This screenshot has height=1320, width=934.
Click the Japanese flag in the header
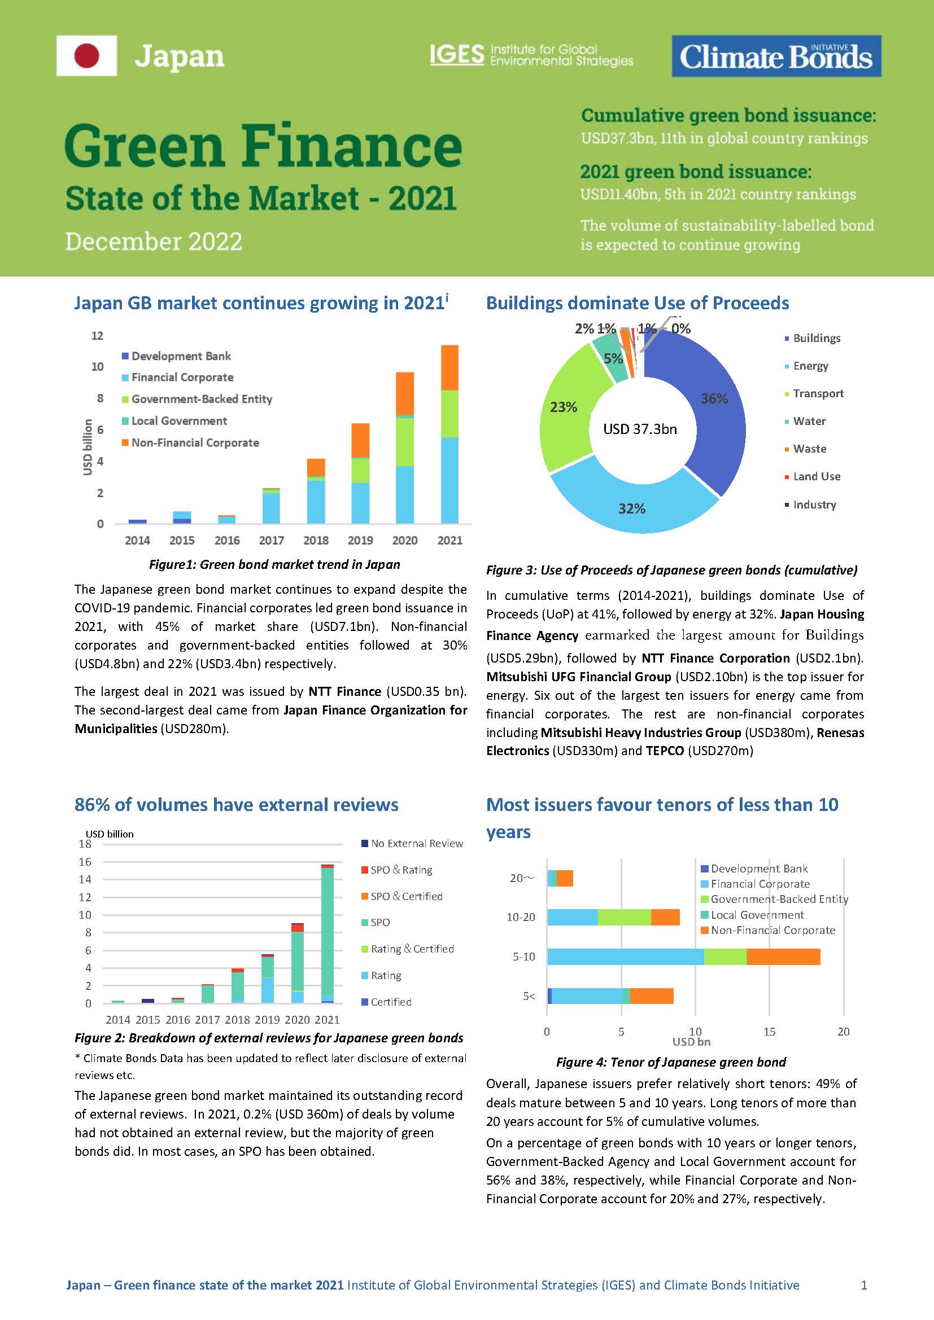coord(87,56)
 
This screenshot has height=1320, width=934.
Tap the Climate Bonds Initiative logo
coord(776,56)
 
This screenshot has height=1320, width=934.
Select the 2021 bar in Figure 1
coord(449,434)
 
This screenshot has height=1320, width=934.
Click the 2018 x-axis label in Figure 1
coord(316,541)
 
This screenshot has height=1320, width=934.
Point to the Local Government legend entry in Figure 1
coord(179,421)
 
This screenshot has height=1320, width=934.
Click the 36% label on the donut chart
coord(714,398)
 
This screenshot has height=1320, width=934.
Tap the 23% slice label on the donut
coord(563,407)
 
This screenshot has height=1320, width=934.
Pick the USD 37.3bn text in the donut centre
coord(640,429)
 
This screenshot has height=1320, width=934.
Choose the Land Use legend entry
coord(816,477)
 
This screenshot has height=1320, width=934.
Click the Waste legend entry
coord(809,449)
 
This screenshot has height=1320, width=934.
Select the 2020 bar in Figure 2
coord(298,963)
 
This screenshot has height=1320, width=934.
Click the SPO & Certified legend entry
coord(406,896)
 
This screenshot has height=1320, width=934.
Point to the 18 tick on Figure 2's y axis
coord(85,844)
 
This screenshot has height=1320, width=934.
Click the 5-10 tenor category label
coord(523,957)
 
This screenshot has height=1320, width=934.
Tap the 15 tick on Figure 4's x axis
coord(769,1032)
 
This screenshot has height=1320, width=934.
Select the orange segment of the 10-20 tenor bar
coord(665,917)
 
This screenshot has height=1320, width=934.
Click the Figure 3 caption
coord(671,571)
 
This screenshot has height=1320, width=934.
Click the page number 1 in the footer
coord(863,1285)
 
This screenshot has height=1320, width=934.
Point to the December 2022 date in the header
coord(154,242)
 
